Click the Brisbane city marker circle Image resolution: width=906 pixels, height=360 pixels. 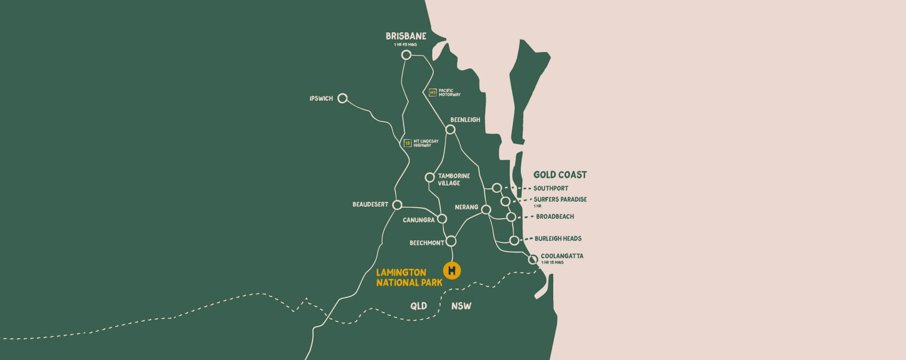pyautogui.click(x=406, y=55)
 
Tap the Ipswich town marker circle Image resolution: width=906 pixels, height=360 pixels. pyautogui.click(x=342, y=98)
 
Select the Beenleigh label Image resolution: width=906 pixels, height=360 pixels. pyautogui.click(x=465, y=120)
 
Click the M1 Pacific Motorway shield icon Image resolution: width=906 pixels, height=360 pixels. pyautogui.click(x=432, y=93)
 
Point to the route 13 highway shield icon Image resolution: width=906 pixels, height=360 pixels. pyautogui.click(x=407, y=143)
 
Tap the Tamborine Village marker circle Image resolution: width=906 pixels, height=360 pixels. pyautogui.click(x=429, y=177)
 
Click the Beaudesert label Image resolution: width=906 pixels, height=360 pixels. pyautogui.click(x=370, y=204)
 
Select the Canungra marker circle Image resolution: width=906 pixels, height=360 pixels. pyautogui.click(x=441, y=219)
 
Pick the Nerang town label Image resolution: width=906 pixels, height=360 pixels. pyautogui.click(x=466, y=207)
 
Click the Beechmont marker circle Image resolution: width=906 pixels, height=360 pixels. pyautogui.click(x=451, y=241)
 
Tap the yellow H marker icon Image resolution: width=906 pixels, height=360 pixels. pyautogui.click(x=452, y=270)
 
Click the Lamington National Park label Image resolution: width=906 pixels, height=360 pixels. pyautogui.click(x=409, y=278)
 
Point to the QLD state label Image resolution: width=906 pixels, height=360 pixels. pyautogui.click(x=418, y=306)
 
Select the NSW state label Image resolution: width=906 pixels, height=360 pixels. pyautogui.click(x=461, y=306)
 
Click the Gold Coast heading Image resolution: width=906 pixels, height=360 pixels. pyautogui.click(x=560, y=175)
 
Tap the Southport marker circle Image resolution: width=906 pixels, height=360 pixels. pyautogui.click(x=497, y=188)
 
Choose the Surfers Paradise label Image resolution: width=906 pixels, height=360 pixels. pyautogui.click(x=560, y=200)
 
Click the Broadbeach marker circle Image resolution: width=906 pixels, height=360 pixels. pyautogui.click(x=511, y=217)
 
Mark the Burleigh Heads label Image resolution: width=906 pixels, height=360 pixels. pyautogui.click(x=558, y=239)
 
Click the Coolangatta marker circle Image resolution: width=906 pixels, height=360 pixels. pyautogui.click(x=533, y=259)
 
